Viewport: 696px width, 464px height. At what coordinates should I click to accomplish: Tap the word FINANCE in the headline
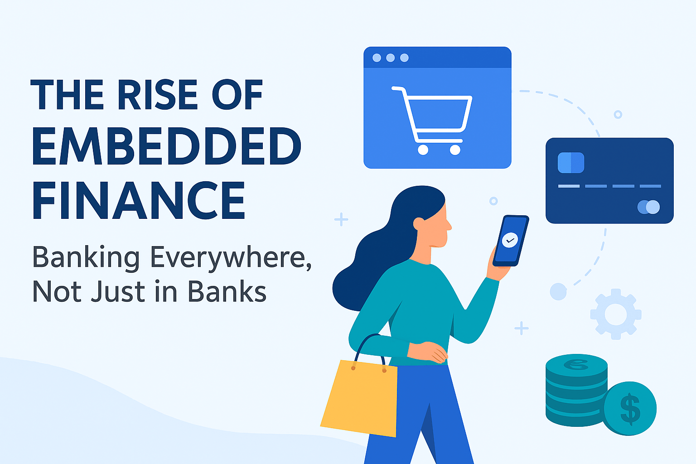coord(139,200)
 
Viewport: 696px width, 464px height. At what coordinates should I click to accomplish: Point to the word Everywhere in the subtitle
coord(230,257)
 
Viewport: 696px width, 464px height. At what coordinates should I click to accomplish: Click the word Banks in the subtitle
coord(227,292)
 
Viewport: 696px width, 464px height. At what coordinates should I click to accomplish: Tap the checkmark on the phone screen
coord(510,240)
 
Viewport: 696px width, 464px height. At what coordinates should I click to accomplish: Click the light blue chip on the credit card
coord(571,163)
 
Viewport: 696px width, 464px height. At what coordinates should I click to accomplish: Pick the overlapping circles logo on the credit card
coord(648,207)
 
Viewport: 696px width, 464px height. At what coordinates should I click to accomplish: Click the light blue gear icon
coord(615,314)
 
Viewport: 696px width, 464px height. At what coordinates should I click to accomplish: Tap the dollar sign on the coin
coord(630,408)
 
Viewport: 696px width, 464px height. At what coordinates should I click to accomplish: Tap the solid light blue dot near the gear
coord(558,291)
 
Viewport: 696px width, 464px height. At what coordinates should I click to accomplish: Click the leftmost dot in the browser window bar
coord(377,58)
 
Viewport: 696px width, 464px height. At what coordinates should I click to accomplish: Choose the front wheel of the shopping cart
coord(455,150)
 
